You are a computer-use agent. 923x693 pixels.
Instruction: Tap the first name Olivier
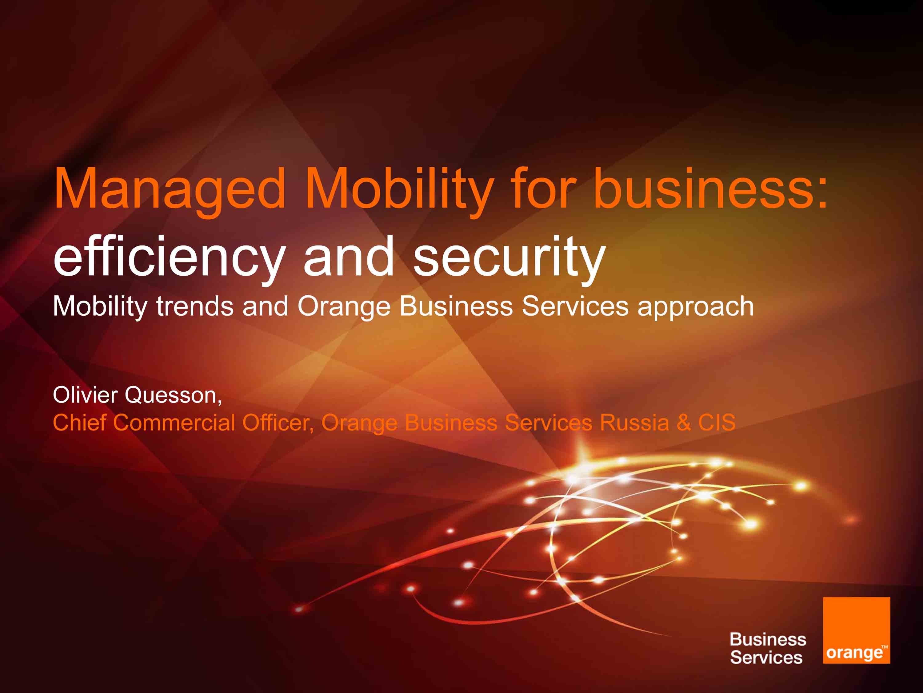85,395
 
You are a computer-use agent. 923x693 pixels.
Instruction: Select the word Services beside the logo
766,658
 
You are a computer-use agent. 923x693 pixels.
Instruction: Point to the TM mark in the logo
884,646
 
